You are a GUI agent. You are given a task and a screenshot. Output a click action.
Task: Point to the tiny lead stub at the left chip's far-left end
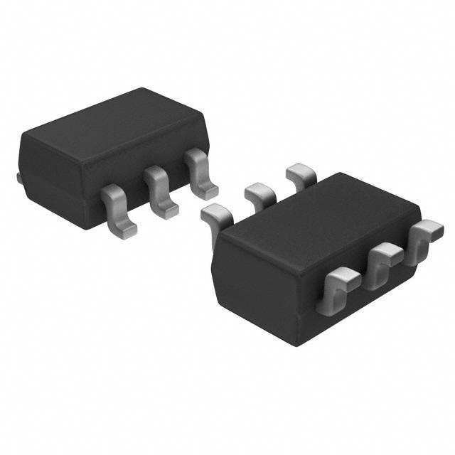coord(18,175)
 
